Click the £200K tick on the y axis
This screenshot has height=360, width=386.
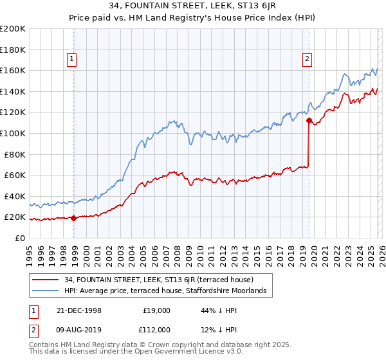pyautogui.click(x=13, y=29)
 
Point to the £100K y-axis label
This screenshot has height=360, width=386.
pyautogui.click(x=13, y=133)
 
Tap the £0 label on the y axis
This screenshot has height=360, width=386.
pyautogui.click(x=19, y=238)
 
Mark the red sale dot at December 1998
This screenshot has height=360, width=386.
pyautogui.click(x=74, y=218)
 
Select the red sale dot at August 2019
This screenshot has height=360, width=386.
pyautogui.click(x=309, y=120)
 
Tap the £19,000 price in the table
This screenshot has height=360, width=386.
pyautogui.click(x=154, y=310)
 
